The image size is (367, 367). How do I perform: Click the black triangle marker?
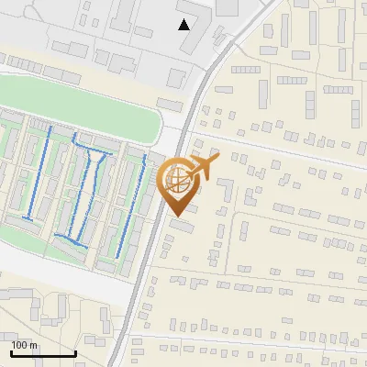(184, 24)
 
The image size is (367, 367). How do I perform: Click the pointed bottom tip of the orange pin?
(178, 217)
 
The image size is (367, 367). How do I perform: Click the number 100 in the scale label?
(19, 345)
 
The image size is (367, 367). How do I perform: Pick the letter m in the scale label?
(33, 345)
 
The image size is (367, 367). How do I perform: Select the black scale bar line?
(42, 353)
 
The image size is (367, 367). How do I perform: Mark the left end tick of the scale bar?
(10, 351)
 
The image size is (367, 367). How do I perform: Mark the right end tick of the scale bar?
(75, 351)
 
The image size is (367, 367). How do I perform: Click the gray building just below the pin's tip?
(182, 226)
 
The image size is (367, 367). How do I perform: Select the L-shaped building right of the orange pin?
(226, 195)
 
